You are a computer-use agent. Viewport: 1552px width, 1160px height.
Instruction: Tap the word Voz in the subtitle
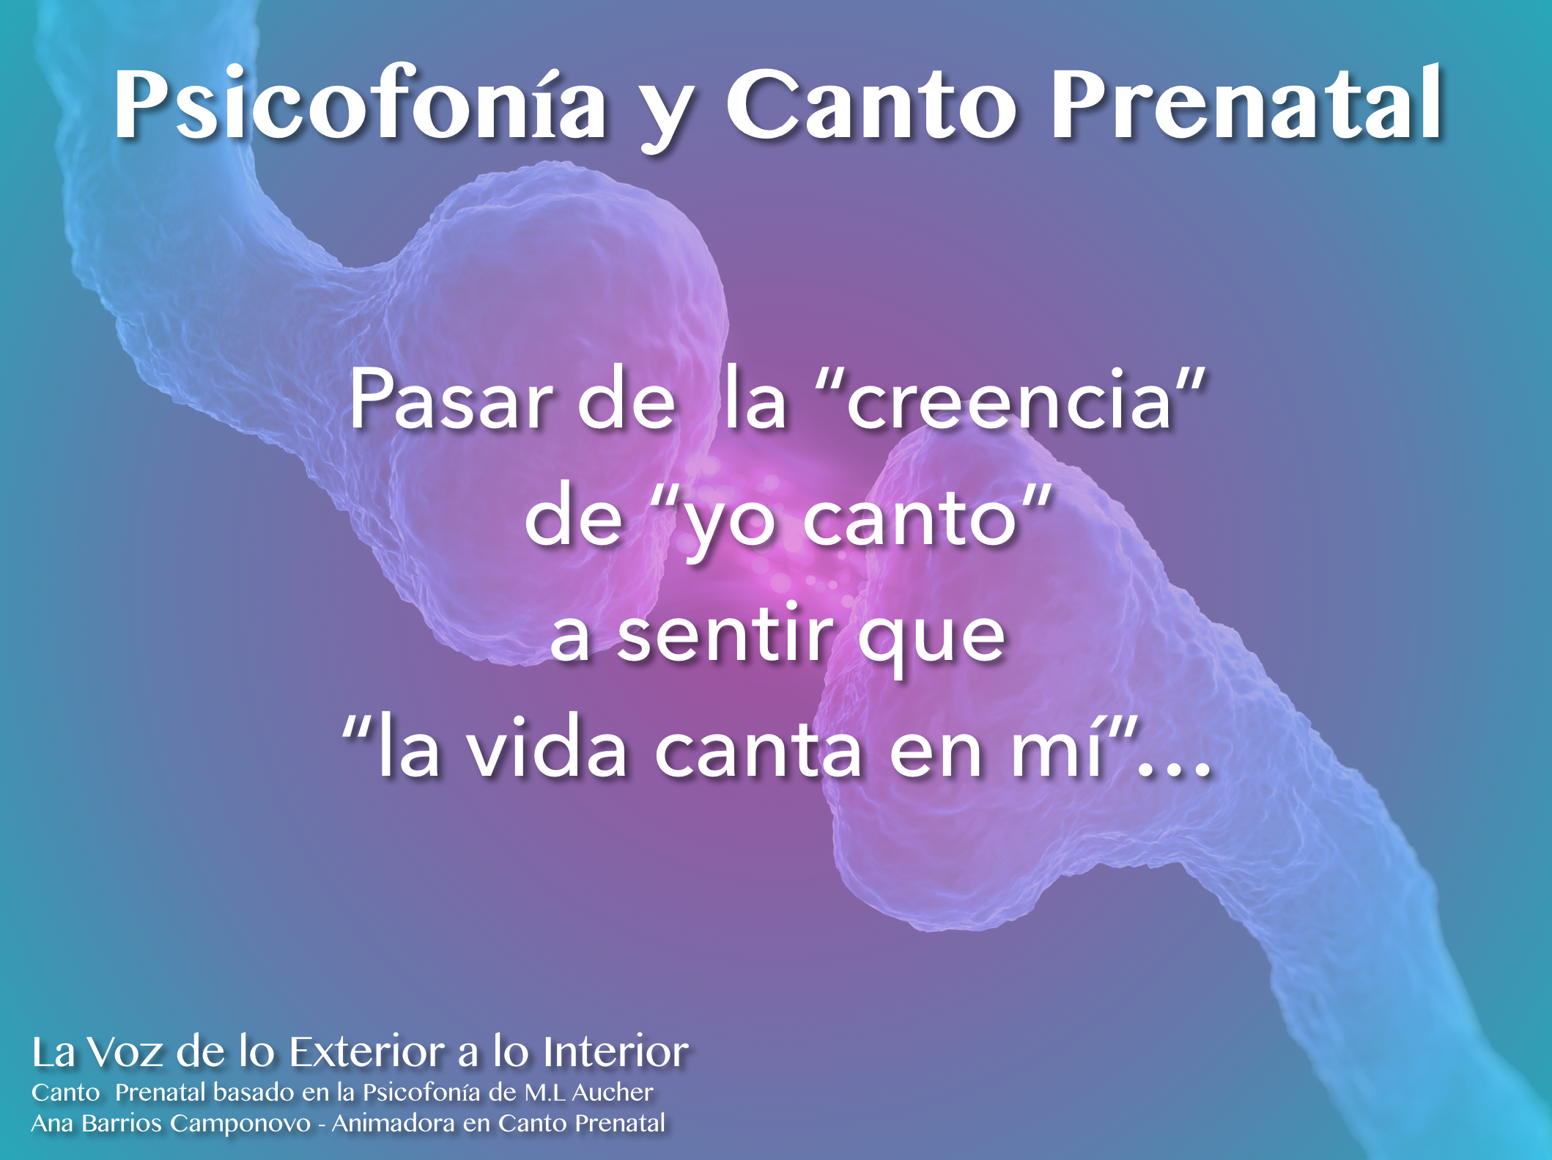click(x=125, y=1052)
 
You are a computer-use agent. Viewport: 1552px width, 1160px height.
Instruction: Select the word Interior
click(x=616, y=1052)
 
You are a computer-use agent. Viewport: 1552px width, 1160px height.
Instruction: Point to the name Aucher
click(x=613, y=1093)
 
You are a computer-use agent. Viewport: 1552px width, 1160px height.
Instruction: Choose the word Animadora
click(x=393, y=1123)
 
